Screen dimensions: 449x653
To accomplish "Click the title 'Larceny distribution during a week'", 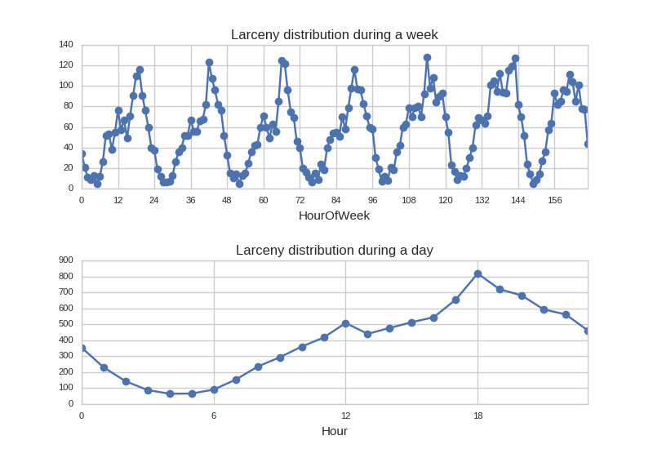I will [x=334, y=34].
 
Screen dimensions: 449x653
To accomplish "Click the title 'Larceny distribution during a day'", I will [x=334, y=250].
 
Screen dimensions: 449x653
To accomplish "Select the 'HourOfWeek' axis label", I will [x=334, y=216].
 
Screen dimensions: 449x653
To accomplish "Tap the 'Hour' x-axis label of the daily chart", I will [x=334, y=431].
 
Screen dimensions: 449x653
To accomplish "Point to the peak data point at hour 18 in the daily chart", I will [x=478, y=274].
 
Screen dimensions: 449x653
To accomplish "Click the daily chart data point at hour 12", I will [x=345, y=323].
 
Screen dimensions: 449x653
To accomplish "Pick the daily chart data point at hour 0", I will [x=82, y=348].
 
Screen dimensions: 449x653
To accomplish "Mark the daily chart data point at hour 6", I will [x=214, y=389].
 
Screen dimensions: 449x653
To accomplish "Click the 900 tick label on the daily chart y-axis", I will [x=65, y=260].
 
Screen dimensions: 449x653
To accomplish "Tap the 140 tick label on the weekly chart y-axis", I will [x=65, y=45].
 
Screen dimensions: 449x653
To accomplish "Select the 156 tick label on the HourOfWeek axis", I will [x=554, y=200].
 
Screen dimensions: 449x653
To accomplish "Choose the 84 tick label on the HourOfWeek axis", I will [x=335, y=200].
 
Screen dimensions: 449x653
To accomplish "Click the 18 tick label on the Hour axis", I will [x=478, y=416].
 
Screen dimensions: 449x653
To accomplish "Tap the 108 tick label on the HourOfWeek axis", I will [x=408, y=200].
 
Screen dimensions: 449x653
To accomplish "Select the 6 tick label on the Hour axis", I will [x=214, y=416].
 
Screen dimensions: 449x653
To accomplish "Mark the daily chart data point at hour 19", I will [x=500, y=289].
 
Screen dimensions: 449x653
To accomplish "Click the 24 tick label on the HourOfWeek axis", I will [x=153, y=200].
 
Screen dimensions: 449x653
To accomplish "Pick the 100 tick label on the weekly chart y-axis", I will [x=65, y=86].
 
